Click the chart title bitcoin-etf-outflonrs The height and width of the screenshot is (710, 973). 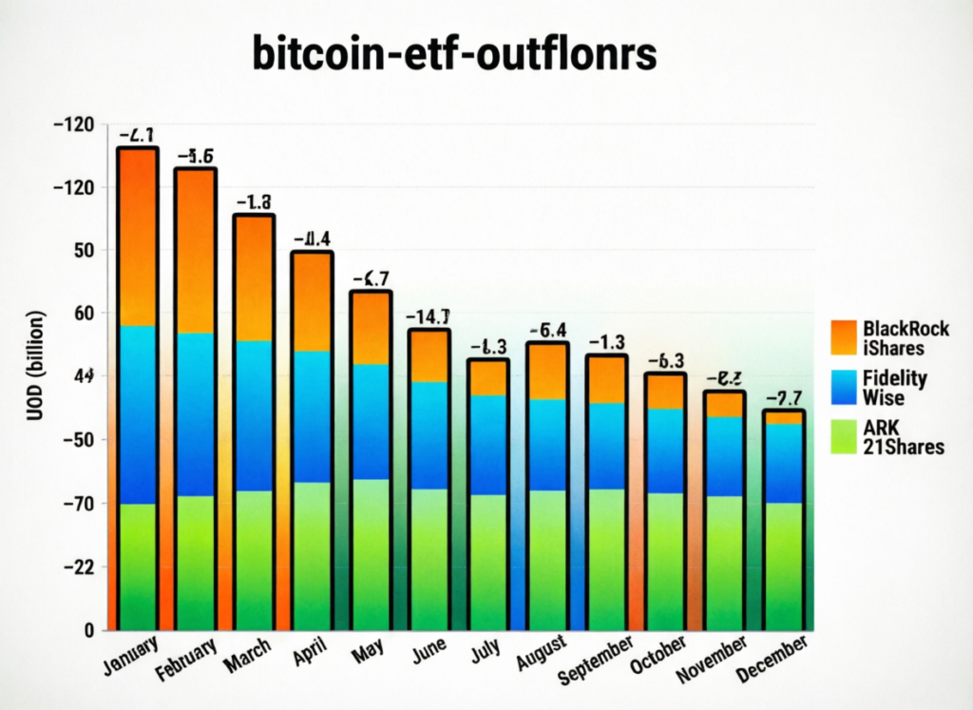click(454, 54)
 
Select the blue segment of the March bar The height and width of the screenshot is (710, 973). click(255, 415)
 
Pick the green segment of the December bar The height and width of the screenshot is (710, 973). click(784, 565)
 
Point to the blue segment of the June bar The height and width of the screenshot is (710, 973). click(429, 435)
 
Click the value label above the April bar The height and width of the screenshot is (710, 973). click(312, 239)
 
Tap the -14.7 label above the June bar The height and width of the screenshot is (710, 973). click(428, 317)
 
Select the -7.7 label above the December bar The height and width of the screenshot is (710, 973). click(785, 397)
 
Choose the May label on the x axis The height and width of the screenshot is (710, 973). click(367, 652)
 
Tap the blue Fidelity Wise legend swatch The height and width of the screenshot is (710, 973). click(843, 388)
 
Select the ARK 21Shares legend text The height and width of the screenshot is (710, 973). click(904, 437)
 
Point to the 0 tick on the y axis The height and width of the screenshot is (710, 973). click(88, 630)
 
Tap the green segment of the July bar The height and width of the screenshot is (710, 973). click(488, 561)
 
